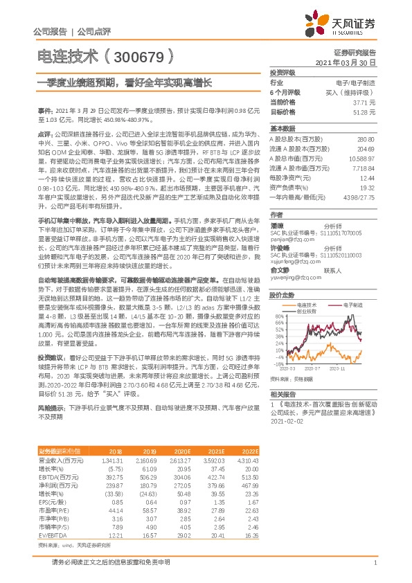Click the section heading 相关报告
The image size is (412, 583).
pyautogui.click(x=283, y=393)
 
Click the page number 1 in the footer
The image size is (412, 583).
pyautogui.click(x=374, y=562)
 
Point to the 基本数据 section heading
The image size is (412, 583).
pyautogui.click(x=283, y=128)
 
